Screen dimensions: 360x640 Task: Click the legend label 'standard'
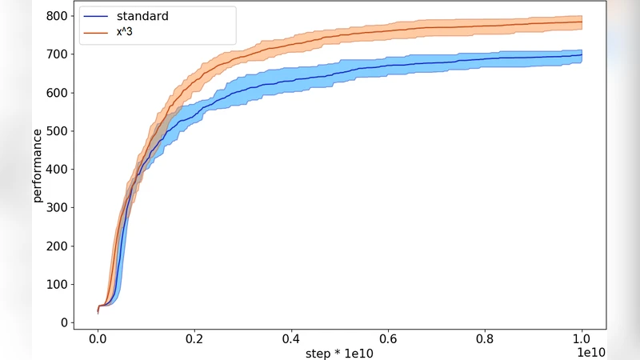pos(142,16)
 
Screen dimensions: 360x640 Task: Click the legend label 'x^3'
pos(125,31)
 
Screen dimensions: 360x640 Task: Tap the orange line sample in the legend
pos(97,32)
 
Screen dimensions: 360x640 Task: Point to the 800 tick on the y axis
pos(56,16)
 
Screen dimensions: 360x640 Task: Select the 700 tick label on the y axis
pos(56,54)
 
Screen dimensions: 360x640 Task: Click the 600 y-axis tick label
pos(56,93)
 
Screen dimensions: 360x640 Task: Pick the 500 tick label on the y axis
pos(56,131)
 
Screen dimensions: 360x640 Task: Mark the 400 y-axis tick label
pos(56,170)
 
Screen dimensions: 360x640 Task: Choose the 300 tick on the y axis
pos(56,208)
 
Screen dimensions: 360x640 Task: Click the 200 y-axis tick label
pos(56,246)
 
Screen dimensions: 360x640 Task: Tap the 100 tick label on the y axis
pos(56,285)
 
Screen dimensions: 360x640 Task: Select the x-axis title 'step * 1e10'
pos(339,353)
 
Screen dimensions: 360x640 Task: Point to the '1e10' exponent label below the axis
pos(590,353)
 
